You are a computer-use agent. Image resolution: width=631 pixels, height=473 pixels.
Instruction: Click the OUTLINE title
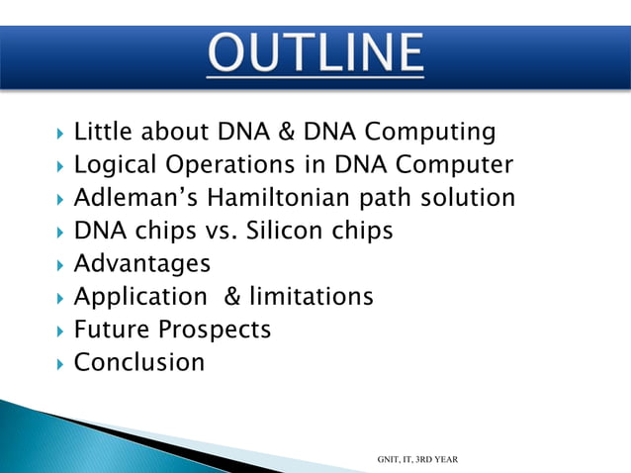[315, 55]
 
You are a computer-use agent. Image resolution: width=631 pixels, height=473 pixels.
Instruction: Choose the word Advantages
[142, 263]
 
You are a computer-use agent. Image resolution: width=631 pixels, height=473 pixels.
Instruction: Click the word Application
[138, 296]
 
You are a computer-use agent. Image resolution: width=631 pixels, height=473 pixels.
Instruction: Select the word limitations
[314, 296]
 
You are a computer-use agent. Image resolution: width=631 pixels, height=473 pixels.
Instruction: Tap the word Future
[107, 329]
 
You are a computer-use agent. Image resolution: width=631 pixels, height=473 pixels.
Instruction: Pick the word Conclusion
[139, 362]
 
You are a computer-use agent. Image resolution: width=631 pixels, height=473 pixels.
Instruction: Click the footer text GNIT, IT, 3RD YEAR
[417, 459]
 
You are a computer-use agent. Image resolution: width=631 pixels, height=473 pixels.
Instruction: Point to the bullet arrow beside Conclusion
[61, 363]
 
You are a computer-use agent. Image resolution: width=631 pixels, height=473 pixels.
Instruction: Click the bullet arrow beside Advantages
[61, 264]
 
